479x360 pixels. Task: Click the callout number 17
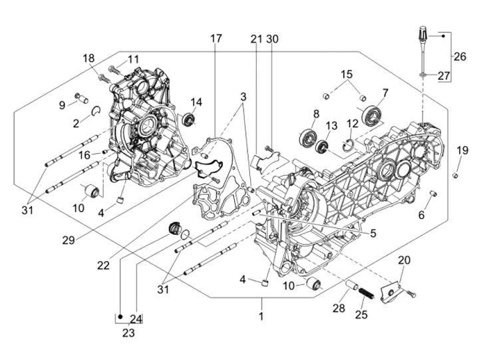pos(216,39)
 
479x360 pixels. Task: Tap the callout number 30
pos(272,39)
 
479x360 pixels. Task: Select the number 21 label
pos(257,39)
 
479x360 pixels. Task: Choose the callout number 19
pos(462,151)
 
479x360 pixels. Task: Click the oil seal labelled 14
pos(190,119)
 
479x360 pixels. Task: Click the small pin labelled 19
pos(456,175)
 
